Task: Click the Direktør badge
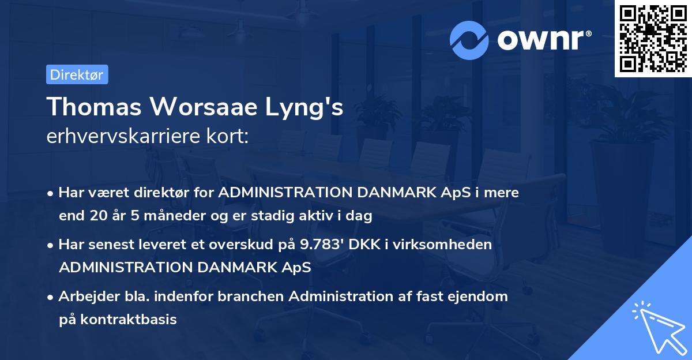(x=77, y=74)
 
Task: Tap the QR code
(x=653, y=38)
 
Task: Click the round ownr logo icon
(x=469, y=40)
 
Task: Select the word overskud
(x=252, y=245)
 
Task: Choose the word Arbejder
(x=84, y=297)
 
